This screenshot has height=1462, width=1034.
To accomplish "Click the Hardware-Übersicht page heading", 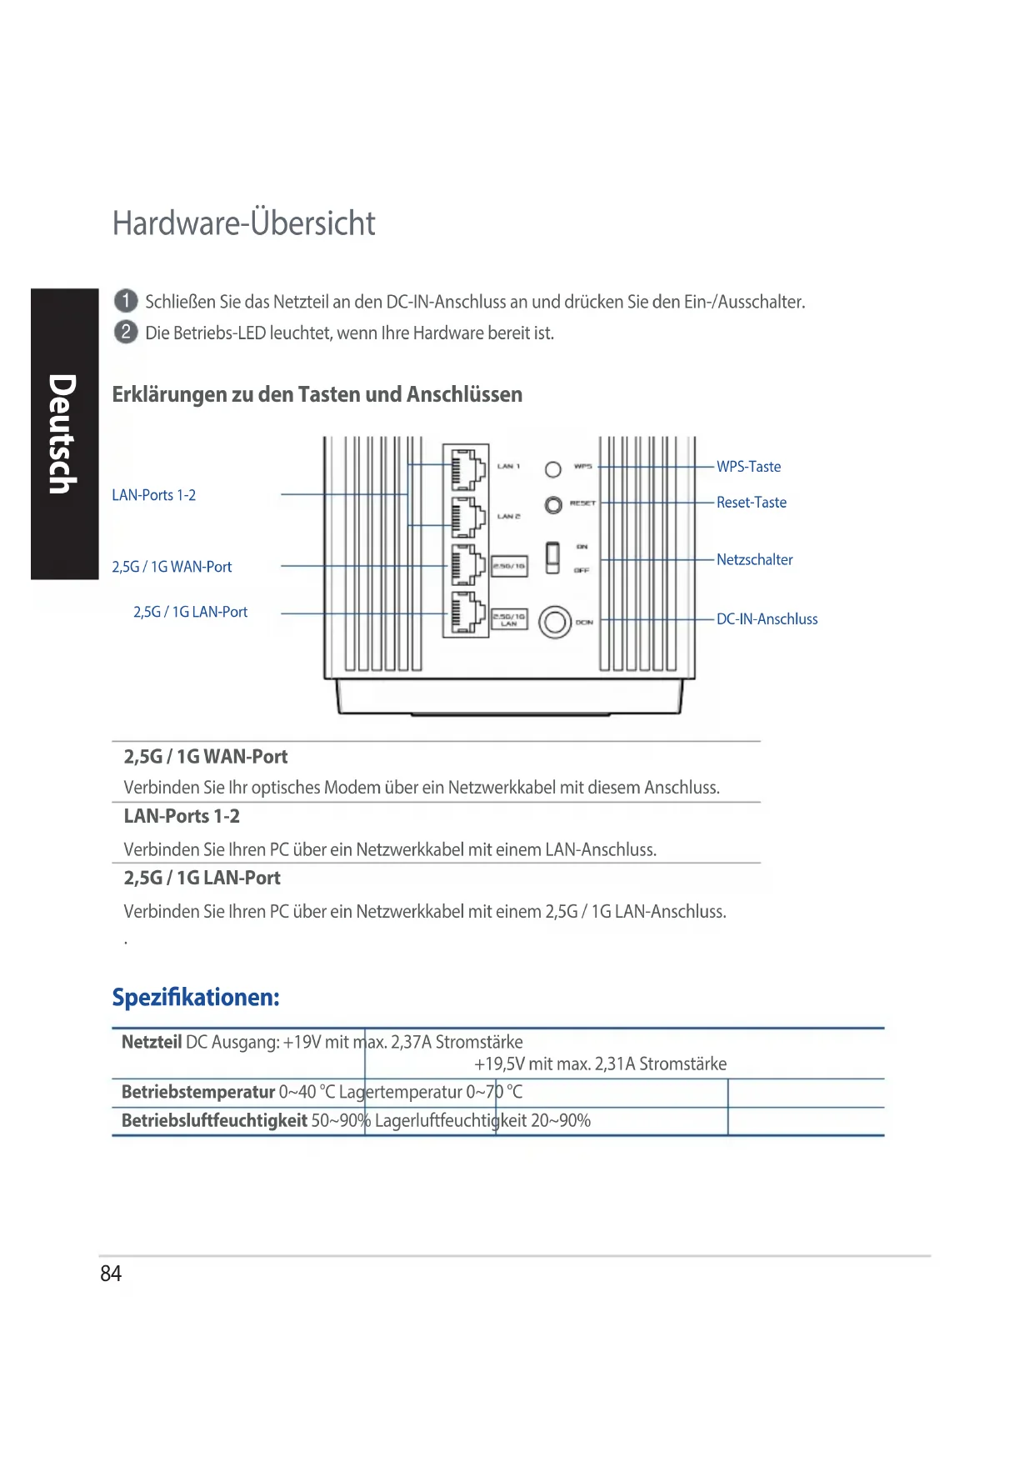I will pyautogui.click(x=243, y=223).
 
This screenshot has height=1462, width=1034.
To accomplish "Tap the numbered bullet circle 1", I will pyautogui.click(x=126, y=301).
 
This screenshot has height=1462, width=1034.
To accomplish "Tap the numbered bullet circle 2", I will pyautogui.click(x=126, y=332).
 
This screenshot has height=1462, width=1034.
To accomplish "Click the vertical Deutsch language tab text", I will pyautogui.click(x=63, y=433).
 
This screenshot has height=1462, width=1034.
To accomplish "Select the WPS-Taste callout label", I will pyautogui.click(x=748, y=467).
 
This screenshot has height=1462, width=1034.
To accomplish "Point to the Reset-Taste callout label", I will pyautogui.click(x=751, y=503).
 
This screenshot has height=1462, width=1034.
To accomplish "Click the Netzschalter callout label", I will pyautogui.click(x=754, y=559).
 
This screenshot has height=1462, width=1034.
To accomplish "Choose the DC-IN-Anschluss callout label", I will pyautogui.click(x=767, y=619).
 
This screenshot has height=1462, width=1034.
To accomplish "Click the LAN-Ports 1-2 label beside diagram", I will pyautogui.click(x=154, y=495).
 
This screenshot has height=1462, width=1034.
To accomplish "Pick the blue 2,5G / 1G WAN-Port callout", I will pyautogui.click(x=172, y=567).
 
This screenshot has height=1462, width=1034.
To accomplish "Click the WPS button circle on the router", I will pyautogui.click(x=552, y=469).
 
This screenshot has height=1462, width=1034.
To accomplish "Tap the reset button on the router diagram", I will pyautogui.click(x=553, y=505).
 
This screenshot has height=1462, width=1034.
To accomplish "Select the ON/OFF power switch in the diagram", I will pyautogui.click(x=552, y=557).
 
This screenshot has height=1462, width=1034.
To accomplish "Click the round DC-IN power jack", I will pyautogui.click(x=554, y=622).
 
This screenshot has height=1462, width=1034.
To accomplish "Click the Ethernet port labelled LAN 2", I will pyautogui.click(x=467, y=517).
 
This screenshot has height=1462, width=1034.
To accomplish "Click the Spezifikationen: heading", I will pyautogui.click(x=196, y=997).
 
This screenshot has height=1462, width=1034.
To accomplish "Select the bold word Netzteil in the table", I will pyautogui.click(x=152, y=1042).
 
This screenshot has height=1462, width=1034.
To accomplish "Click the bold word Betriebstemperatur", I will pyautogui.click(x=198, y=1092).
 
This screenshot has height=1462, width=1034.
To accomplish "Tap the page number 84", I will pyautogui.click(x=111, y=1274).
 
